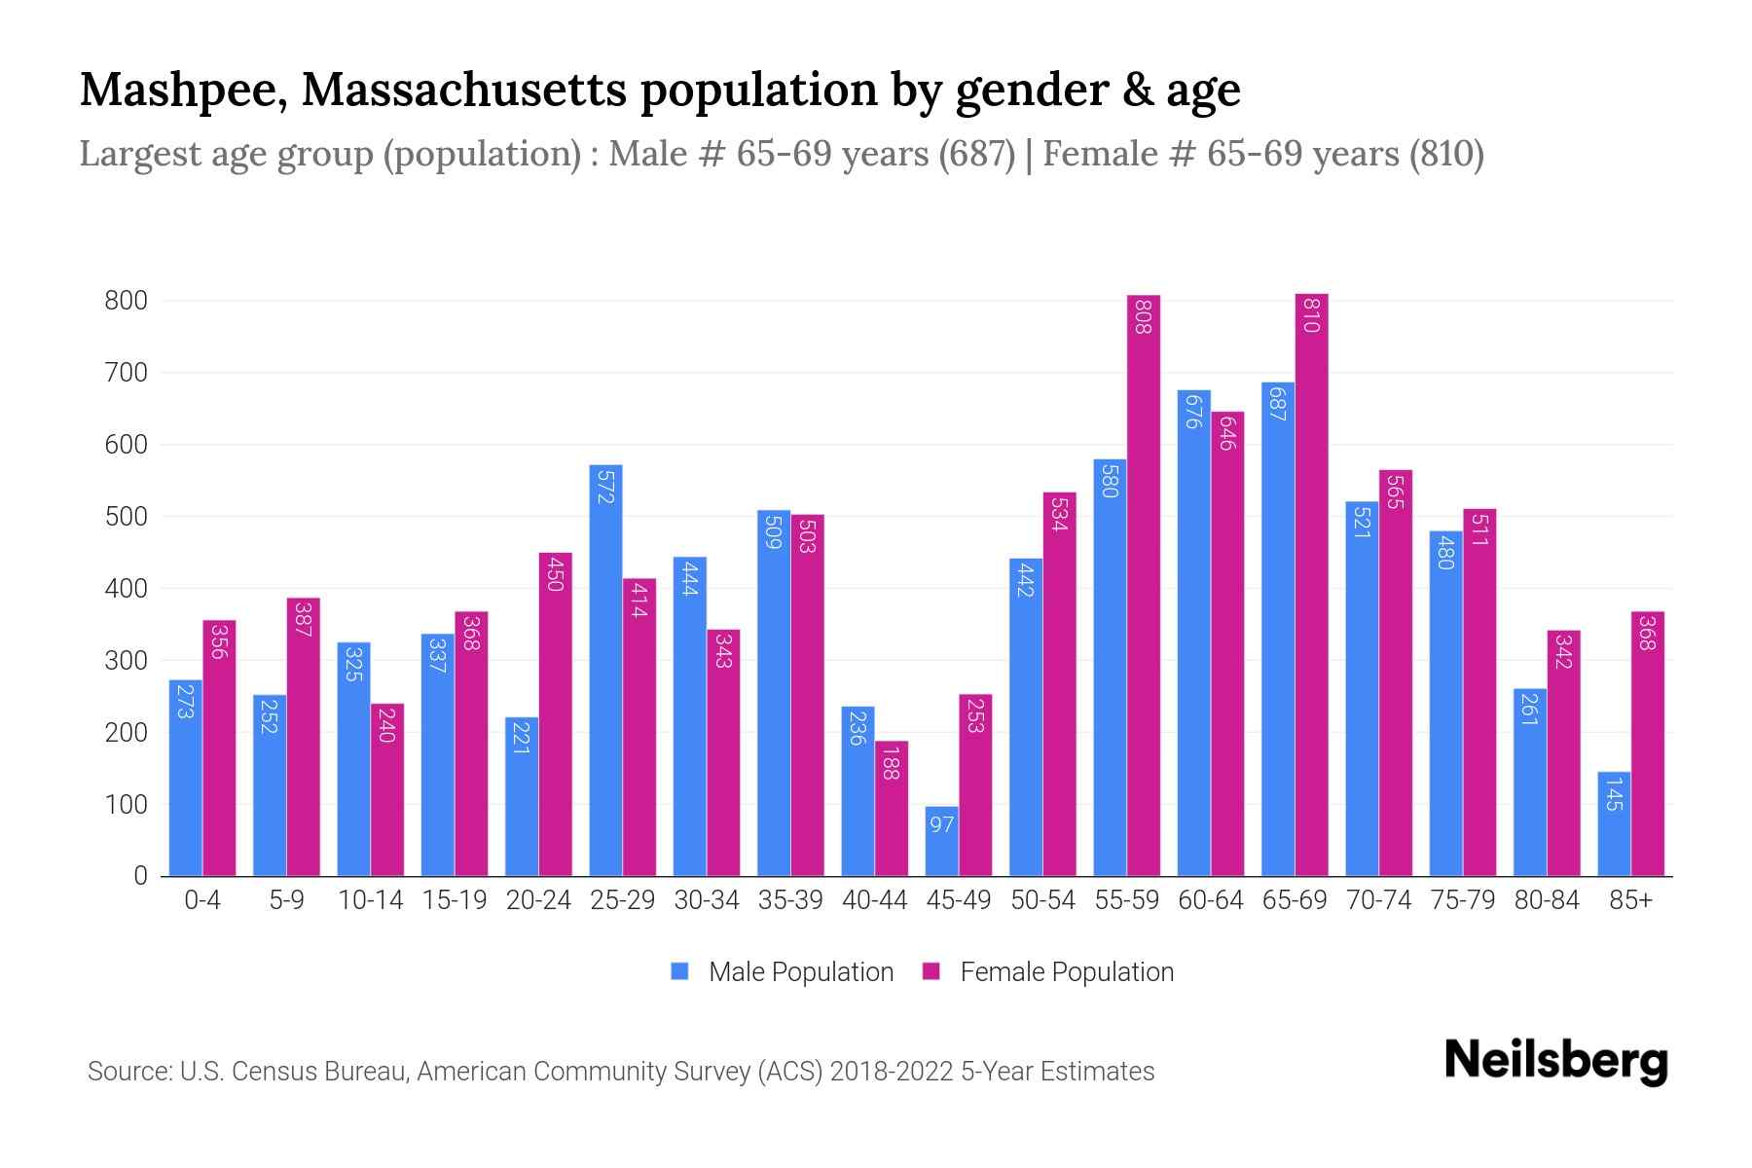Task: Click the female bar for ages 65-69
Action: pos(1311,584)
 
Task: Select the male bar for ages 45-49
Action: pos(941,842)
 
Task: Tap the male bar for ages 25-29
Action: pos(605,672)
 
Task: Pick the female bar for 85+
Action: pos(1647,745)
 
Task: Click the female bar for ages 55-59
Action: pos(1144,584)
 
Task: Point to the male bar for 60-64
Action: pos(1193,633)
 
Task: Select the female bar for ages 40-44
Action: pos(891,808)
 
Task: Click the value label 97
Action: pos(941,825)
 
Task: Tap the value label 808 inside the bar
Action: pos(1144,316)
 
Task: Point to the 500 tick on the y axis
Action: pos(127,517)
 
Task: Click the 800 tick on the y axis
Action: pos(127,301)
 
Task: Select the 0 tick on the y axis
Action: pos(141,876)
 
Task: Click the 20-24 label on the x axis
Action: pos(538,900)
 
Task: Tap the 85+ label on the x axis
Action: pos(1630,900)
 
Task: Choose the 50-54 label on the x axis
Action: pos(1042,900)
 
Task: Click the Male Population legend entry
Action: pos(784,972)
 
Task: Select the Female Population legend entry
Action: pos(1049,972)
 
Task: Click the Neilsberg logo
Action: pos(1555,1061)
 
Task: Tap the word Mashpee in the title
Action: pos(182,91)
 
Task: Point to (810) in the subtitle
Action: pos(1446,154)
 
